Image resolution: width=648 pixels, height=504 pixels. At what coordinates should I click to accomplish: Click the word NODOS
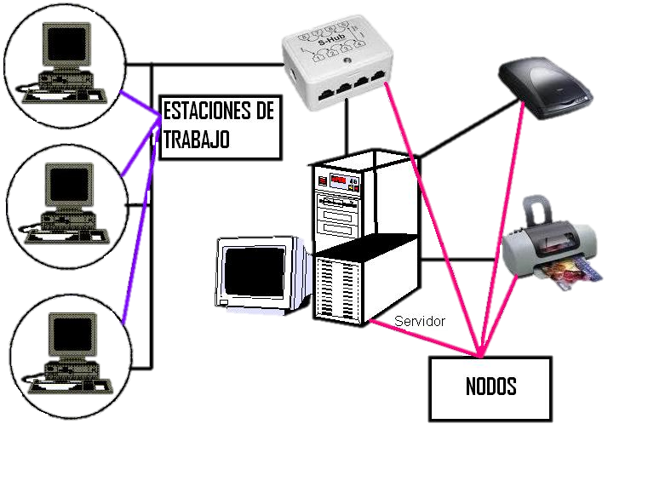click(490, 387)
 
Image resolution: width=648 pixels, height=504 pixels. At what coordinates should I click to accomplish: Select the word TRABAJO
click(196, 139)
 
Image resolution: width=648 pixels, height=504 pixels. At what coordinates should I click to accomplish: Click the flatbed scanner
click(544, 86)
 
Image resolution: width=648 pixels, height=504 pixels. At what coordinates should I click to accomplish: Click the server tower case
click(366, 238)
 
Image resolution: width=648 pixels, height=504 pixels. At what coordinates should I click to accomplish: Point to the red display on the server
click(341, 180)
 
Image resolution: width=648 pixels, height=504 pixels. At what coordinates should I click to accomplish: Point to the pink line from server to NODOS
click(426, 338)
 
